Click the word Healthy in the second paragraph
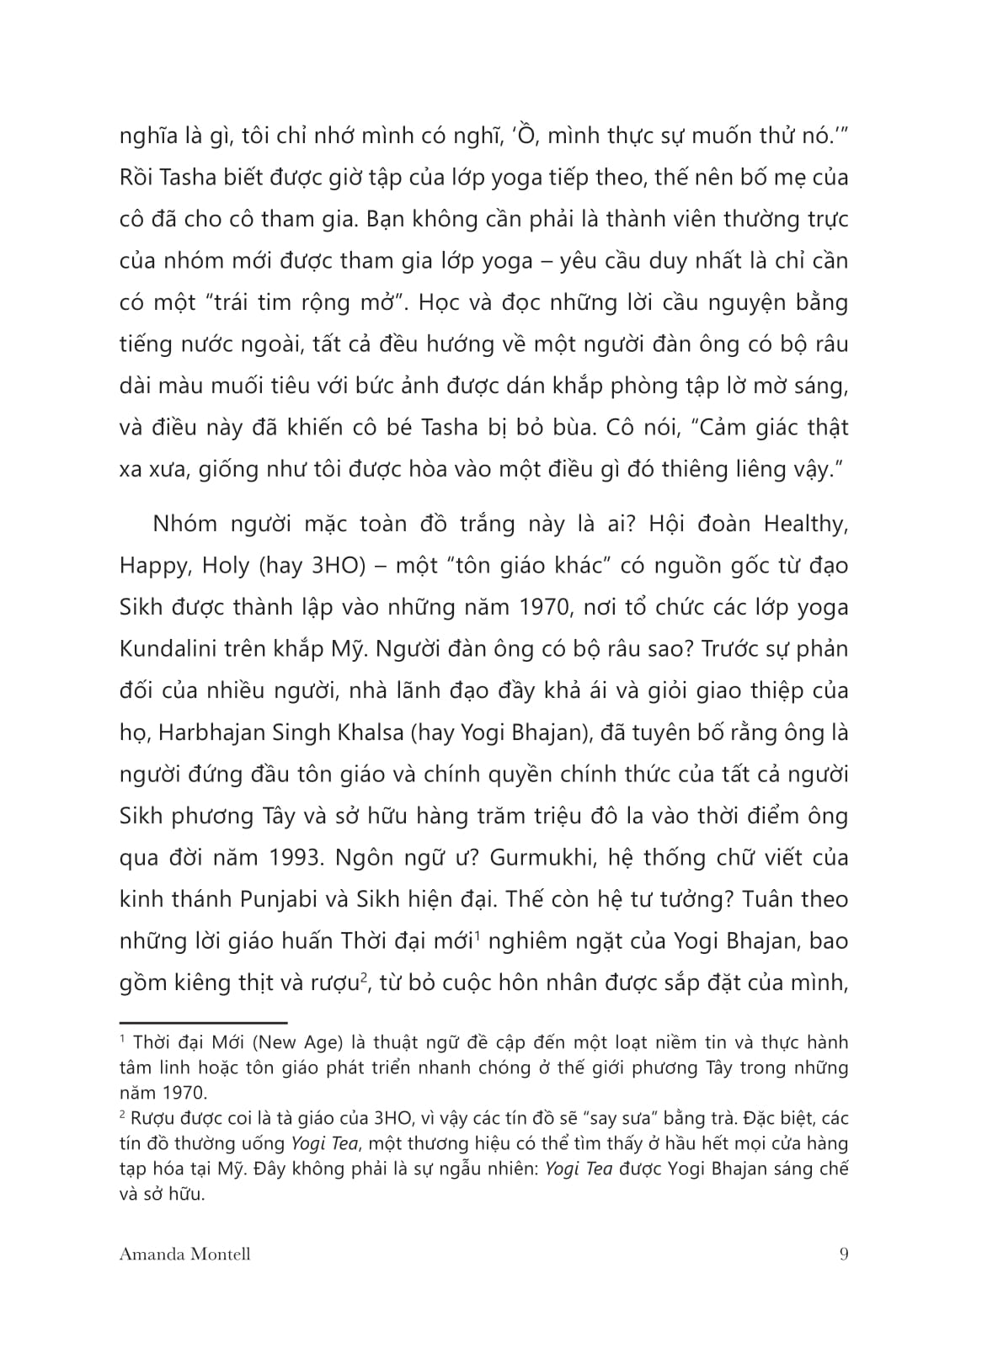point(804,524)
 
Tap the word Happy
point(154,566)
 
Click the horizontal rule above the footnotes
point(203,1020)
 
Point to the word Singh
point(299,732)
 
